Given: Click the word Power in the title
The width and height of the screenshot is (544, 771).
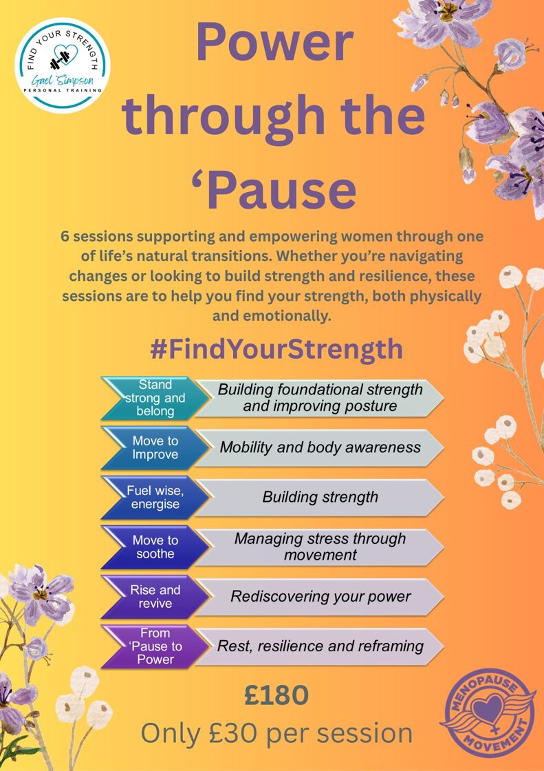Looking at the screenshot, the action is click(x=274, y=44).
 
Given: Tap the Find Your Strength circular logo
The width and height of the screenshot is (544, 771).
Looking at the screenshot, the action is click(x=63, y=65).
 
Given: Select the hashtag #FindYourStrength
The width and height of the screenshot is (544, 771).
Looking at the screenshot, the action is click(x=276, y=350).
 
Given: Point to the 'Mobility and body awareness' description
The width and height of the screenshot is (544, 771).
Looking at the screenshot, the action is click(x=320, y=447).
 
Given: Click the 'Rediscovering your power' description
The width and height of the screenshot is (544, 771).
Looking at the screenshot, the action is click(x=320, y=596).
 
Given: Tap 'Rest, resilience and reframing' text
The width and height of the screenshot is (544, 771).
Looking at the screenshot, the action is click(x=320, y=646).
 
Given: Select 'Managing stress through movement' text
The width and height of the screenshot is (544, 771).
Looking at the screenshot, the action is click(x=320, y=547).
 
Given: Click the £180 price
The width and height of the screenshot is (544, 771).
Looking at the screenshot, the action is click(x=276, y=695).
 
